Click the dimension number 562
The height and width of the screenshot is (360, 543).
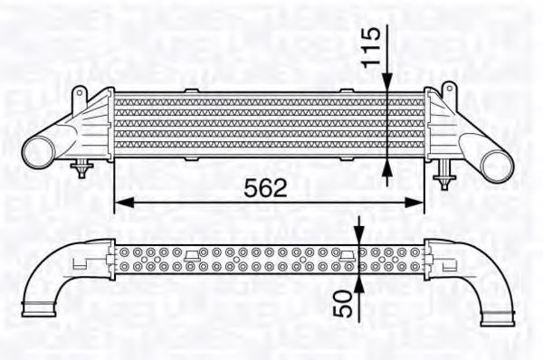(266, 188)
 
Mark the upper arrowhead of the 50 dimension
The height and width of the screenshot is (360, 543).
(359, 237)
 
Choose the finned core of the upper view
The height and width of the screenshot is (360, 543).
(267, 127)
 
